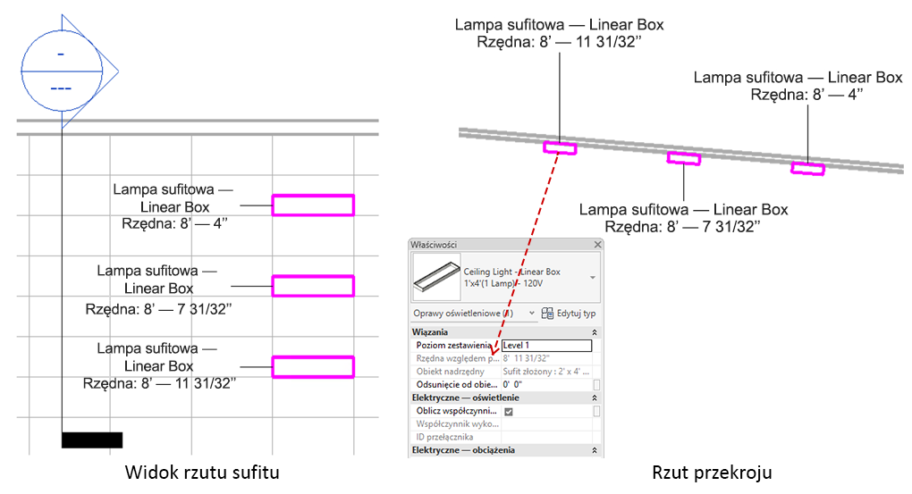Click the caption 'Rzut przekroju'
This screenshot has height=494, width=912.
click(x=712, y=471)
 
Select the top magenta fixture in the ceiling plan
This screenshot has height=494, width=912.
click(x=313, y=205)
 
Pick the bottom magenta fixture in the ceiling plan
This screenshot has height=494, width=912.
click(x=313, y=366)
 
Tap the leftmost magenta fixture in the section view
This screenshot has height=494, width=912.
click(x=561, y=147)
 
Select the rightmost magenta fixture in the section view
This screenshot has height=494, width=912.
click(x=807, y=168)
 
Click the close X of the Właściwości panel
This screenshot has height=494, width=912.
click(x=597, y=244)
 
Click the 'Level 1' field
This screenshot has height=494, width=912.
click(x=546, y=345)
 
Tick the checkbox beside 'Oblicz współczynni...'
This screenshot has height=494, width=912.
click(x=509, y=411)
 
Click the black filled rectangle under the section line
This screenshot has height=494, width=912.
click(x=92, y=440)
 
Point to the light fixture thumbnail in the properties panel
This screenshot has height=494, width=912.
click(x=435, y=278)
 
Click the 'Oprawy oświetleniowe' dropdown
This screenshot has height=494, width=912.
click(x=473, y=314)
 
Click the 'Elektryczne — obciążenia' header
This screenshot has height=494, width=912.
click(x=462, y=450)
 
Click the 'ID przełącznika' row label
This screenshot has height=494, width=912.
click(x=444, y=437)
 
